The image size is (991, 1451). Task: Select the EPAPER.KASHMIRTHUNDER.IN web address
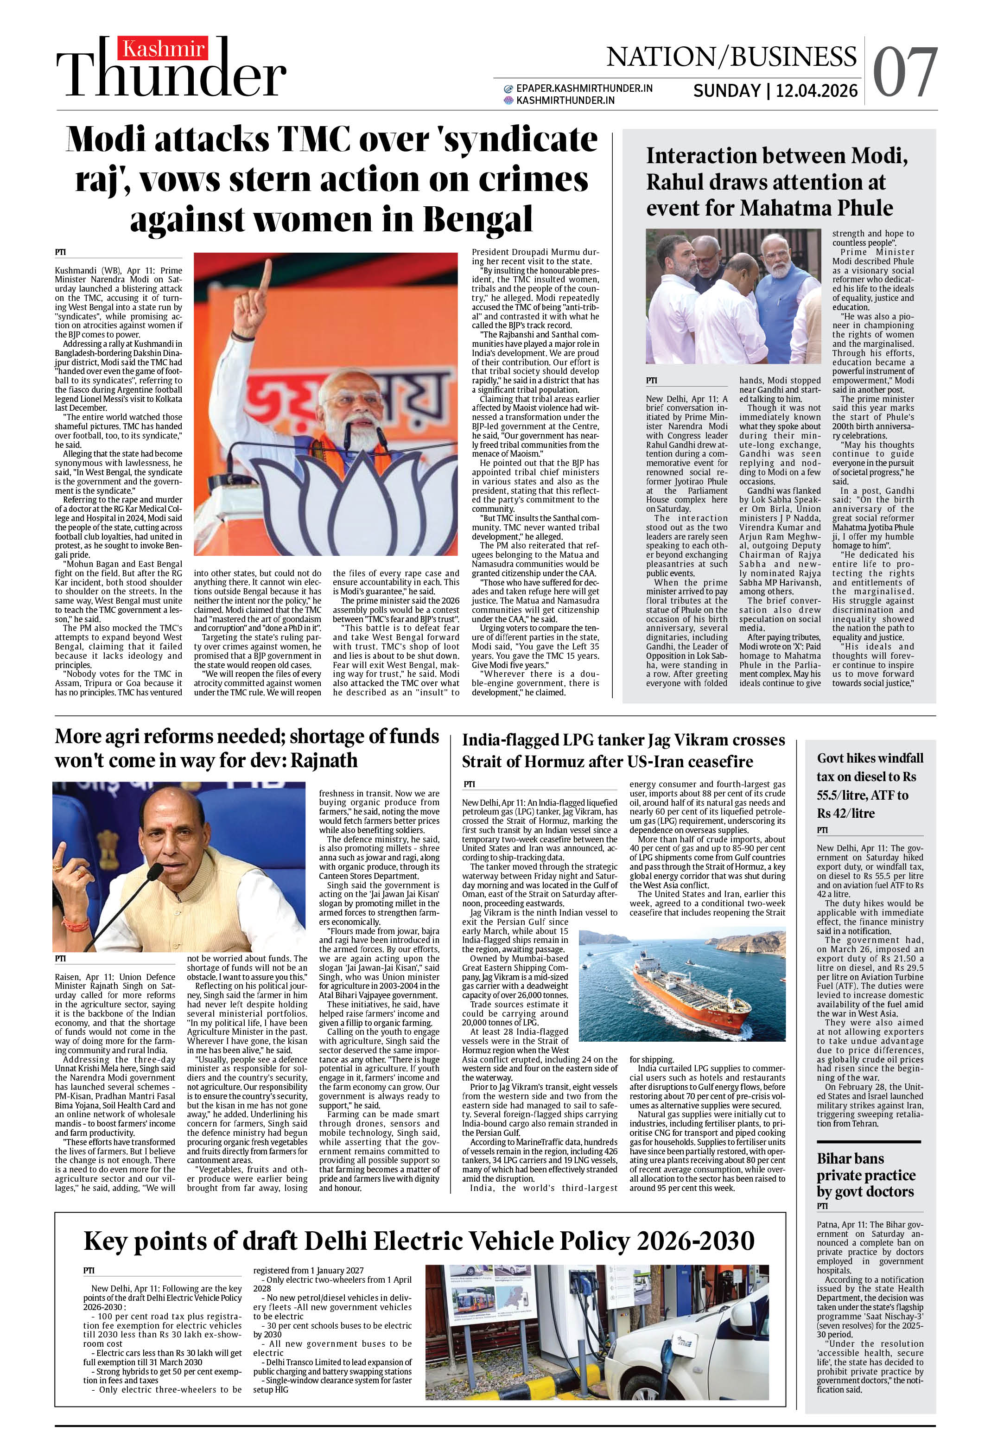pyautogui.click(x=584, y=88)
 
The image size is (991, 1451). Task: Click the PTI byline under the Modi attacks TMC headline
pyautogui.click(x=61, y=252)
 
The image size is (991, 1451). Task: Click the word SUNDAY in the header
pyautogui.click(x=726, y=91)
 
